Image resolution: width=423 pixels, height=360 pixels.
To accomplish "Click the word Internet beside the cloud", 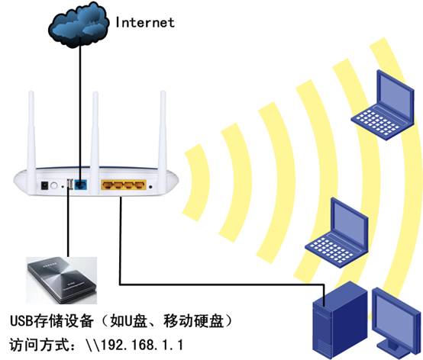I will (x=145, y=22).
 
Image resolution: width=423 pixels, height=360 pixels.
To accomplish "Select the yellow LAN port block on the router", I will (x=122, y=185).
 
